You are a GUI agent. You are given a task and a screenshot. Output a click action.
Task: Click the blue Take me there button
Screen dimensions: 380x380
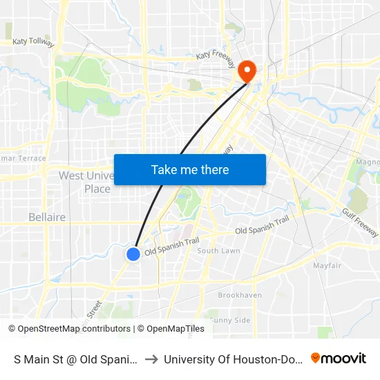190,169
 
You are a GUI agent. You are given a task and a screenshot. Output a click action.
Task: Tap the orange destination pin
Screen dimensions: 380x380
246,71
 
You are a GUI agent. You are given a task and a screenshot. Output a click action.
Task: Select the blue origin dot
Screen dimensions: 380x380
133,254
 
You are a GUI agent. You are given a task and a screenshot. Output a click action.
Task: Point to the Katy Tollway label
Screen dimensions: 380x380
33,42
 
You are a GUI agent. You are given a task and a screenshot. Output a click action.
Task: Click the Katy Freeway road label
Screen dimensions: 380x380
216,55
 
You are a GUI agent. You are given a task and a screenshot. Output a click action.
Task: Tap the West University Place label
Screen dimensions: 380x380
85,182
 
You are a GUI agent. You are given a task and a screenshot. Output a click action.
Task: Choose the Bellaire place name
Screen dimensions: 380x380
47,217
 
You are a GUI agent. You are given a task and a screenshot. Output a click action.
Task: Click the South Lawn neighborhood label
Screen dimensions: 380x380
218,251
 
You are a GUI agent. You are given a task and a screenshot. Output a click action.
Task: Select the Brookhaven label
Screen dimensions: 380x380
240,295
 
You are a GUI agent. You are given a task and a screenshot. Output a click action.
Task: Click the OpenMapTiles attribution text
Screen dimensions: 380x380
175,329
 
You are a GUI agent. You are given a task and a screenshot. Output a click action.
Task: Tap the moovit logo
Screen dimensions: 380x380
338,358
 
